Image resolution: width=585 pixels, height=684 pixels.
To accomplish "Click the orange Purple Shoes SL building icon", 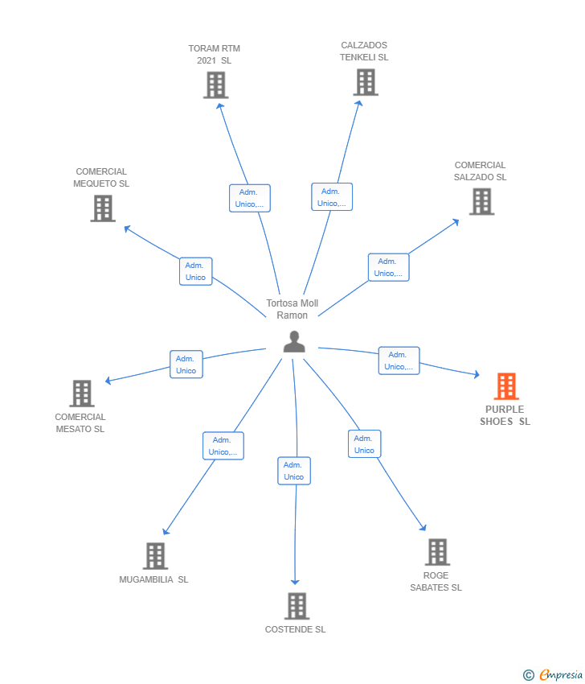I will coord(505,386).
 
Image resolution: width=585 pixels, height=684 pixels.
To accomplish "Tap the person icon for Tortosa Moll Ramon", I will coord(294,342).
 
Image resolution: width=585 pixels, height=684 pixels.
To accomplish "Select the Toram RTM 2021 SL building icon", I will coord(215,84).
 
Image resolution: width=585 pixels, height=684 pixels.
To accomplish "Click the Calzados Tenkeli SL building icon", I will coord(365,82).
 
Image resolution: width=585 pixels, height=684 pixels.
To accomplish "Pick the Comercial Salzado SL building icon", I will coord(481,201).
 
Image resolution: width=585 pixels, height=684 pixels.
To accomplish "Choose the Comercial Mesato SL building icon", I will coord(82,394).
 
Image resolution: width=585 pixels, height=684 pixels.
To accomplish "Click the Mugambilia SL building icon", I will coord(155,556).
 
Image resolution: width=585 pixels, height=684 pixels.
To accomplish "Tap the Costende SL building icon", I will coord(297,606).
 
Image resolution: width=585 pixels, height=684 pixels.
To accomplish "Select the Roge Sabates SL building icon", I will coord(436,552).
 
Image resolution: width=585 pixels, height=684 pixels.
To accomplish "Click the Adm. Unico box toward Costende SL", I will coord(294,471).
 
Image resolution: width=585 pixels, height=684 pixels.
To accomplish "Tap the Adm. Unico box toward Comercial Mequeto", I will coord(195,271).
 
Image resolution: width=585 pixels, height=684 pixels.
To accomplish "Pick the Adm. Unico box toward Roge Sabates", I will coord(364,444).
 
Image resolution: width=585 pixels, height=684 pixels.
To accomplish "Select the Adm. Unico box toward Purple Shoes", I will coord(399,361).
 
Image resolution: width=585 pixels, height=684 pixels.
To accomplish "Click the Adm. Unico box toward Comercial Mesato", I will coord(186,365).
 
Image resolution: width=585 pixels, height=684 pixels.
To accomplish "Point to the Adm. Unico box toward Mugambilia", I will coord(223,446).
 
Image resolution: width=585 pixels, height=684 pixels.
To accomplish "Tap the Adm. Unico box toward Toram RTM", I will coord(249,198).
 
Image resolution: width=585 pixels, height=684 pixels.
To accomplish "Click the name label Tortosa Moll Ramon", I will coord(292,309).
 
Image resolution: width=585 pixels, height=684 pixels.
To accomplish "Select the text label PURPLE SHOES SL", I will coord(505,415).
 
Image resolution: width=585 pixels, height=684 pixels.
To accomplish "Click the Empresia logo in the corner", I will coord(554,675).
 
